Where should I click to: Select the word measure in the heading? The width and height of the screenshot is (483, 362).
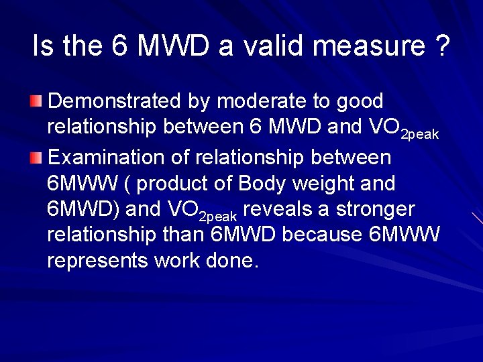[368, 46]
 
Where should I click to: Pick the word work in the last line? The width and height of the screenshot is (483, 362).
[178, 260]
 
